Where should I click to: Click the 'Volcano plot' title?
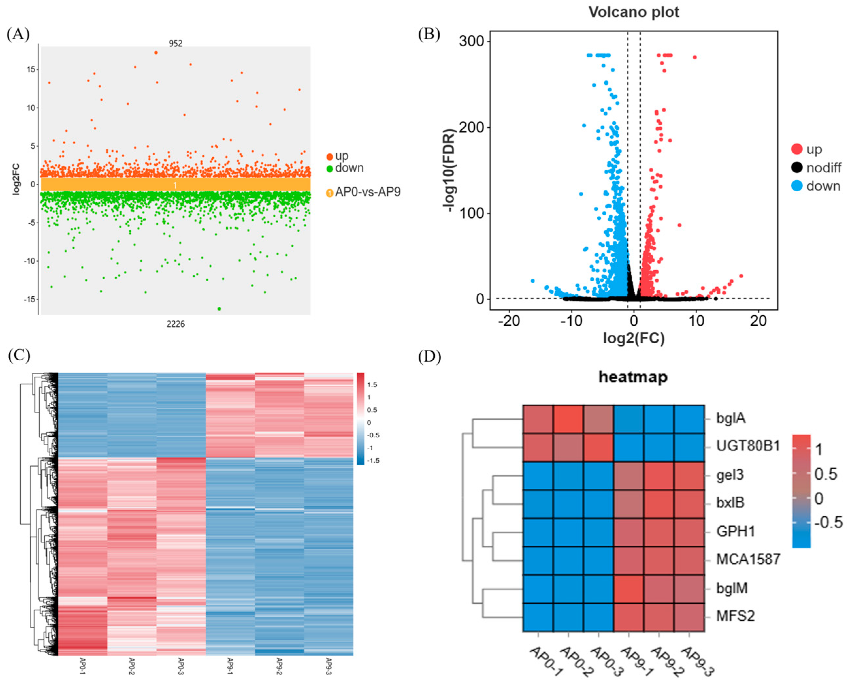(634, 12)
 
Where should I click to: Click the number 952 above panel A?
(176, 43)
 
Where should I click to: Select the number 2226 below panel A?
(176, 324)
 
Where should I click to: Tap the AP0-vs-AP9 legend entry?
(367, 192)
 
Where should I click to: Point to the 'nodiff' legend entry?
(823, 168)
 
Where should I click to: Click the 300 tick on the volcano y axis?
(471, 41)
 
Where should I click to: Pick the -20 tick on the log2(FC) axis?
(509, 321)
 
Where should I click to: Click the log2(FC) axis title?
(633, 338)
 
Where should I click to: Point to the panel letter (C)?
(19, 355)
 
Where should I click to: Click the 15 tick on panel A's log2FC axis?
(31, 70)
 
